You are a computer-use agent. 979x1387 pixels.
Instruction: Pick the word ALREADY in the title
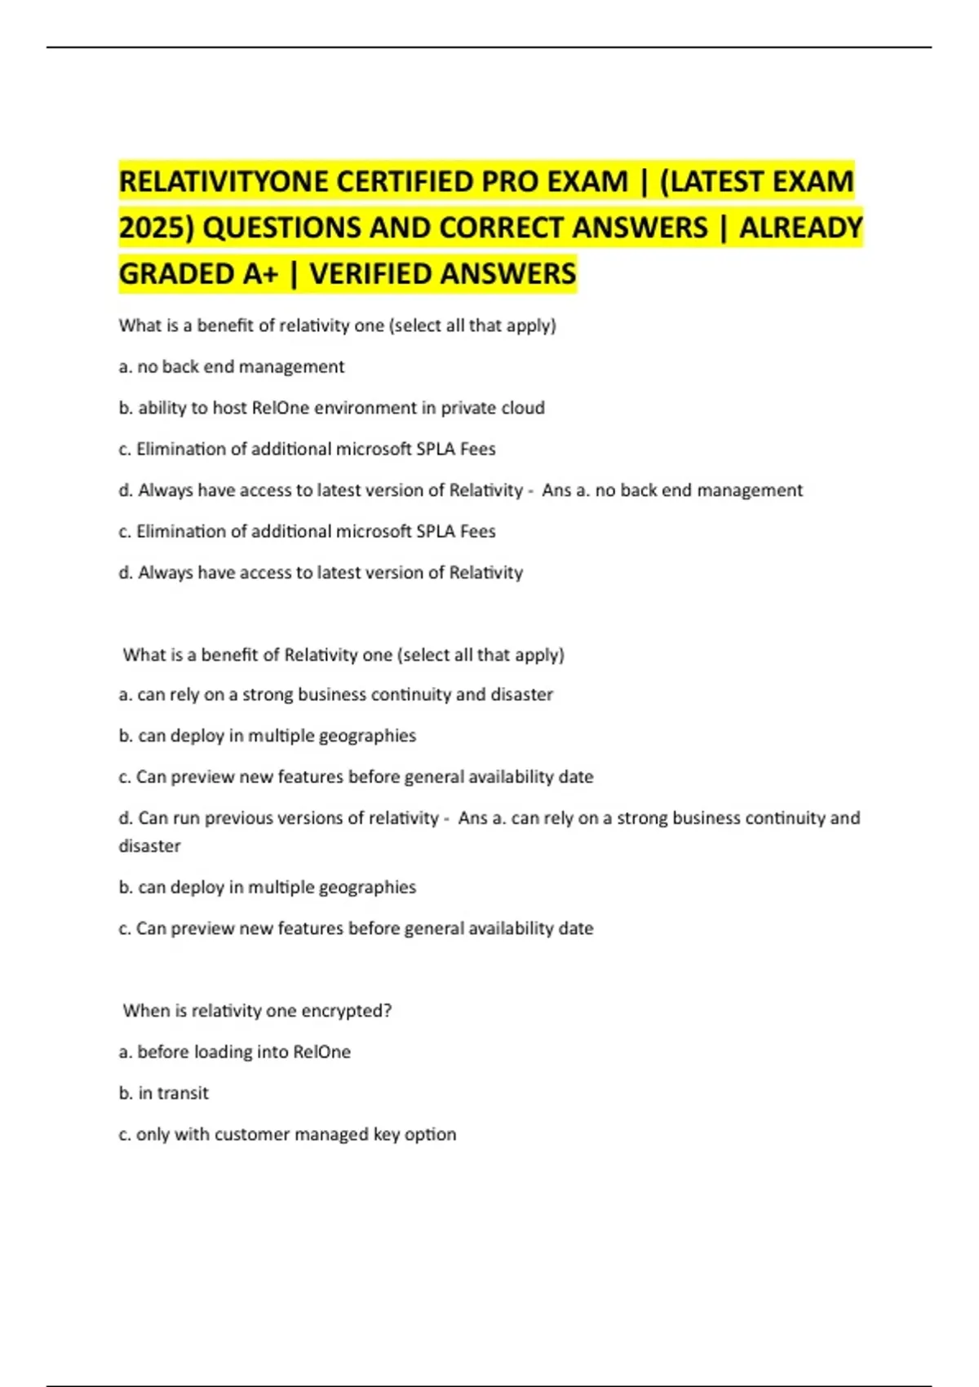point(800,228)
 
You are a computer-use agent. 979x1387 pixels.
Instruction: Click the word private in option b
point(469,408)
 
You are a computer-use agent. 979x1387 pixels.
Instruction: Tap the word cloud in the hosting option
point(524,408)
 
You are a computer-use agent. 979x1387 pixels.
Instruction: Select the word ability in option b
point(162,408)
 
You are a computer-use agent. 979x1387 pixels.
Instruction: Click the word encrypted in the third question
point(346,1011)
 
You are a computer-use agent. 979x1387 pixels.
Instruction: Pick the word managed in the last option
point(331,1135)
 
